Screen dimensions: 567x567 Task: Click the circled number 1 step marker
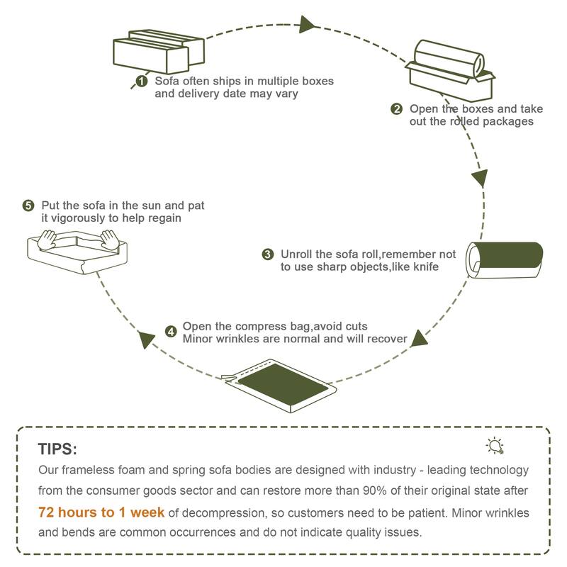point(142,82)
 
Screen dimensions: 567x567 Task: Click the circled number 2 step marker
point(397,109)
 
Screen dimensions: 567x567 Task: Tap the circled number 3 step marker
point(267,254)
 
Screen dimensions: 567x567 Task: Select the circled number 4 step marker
point(171,331)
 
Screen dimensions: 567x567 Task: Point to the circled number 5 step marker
point(28,206)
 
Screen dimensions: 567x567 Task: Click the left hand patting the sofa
point(47,238)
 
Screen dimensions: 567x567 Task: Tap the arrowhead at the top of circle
point(307,25)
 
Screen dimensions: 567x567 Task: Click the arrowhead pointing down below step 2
point(480,177)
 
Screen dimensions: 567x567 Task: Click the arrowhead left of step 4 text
point(147,339)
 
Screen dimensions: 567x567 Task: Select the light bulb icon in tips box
point(495,445)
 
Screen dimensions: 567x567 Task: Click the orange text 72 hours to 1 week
point(101,512)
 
